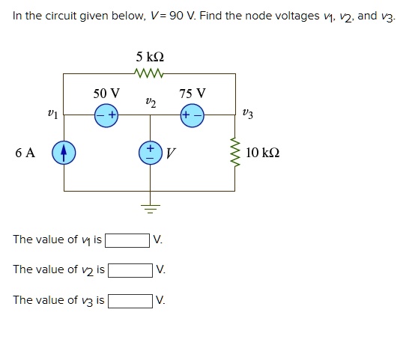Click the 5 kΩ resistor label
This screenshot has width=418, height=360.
[x=149, y=57]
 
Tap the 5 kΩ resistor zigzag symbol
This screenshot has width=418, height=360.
[x=149, y=73]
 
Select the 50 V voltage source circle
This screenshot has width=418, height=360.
[x=106, y=115]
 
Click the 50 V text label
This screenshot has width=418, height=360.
[x=106, y=94]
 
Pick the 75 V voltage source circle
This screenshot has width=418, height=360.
[x=192, y=115]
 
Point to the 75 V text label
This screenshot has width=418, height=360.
[x=193, y=94]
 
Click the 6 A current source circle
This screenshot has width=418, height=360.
[x=64, y=153]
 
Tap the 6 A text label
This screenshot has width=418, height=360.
[x=25, y=153]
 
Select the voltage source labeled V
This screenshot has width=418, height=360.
[x=149, y=153]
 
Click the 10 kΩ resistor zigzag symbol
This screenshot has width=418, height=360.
[x=234, y=153]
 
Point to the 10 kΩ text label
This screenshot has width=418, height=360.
[x=262, y=153]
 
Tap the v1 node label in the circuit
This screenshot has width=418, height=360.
[x=51, y=115]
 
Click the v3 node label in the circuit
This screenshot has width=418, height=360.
[x=248, y=115]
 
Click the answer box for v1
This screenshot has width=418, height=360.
[x=127, y=240]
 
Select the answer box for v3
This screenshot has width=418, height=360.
[x=130, y=301]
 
